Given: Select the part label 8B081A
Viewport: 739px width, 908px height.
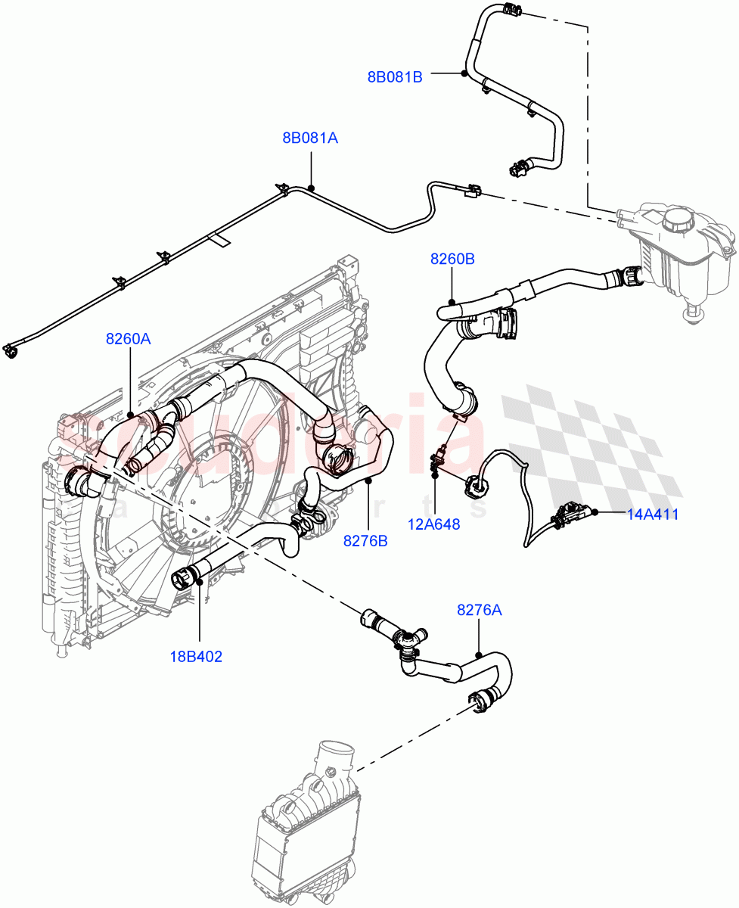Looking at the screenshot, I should coord(310,138).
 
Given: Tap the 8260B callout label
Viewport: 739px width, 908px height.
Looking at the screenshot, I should coord(452,260).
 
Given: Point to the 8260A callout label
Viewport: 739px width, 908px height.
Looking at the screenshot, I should coord(128,339).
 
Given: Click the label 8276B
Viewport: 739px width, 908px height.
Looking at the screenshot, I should coord(365,541).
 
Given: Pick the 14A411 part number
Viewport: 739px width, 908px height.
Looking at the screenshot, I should coord(653,515).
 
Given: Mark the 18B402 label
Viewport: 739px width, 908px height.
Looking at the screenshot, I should coord(195,657).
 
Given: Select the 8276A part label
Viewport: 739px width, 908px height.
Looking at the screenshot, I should coord(479,610).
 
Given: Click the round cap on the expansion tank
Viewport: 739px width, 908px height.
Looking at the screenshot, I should coord(678,219).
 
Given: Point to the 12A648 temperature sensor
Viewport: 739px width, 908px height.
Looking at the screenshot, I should coord(438,462).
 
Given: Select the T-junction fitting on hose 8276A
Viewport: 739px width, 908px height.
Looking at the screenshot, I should coord(408,643).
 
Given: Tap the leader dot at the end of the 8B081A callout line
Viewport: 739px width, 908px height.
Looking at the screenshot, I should coord(311,188).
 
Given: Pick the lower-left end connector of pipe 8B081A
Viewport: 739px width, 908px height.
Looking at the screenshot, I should coord(11,350).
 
